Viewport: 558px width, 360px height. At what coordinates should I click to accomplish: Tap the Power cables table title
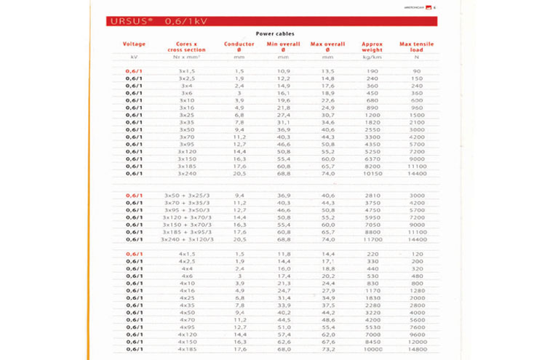pyautogui.click(x=279, y=33)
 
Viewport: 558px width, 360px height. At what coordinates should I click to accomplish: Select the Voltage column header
pyautogui.click(x=135, y=44)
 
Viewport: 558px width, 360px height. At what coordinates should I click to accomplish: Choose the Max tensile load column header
pyautogui.click(x=416, y=47)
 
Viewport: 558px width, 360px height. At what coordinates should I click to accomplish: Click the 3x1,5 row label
pyautogui.click(x=186, y=71)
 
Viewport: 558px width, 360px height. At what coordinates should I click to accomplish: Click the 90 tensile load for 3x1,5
pyautogui.click(x=416, y=71)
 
